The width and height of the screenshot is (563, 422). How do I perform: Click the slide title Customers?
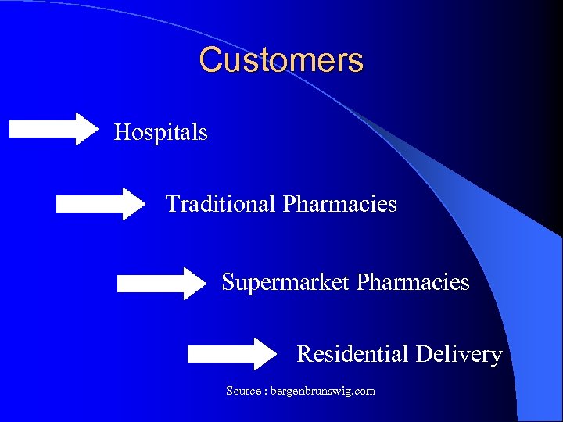281,60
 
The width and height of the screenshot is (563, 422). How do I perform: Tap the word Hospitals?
161,132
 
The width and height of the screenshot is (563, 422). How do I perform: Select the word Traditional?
221,204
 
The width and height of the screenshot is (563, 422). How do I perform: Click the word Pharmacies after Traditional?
340,204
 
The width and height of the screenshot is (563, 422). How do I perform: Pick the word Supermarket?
286,282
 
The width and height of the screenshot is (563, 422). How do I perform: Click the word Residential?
353,354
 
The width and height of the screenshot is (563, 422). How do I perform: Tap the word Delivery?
459,354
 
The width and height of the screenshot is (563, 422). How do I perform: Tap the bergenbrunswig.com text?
322,390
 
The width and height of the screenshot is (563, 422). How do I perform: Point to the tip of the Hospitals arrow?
99,128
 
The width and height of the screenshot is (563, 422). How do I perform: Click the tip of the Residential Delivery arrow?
276,354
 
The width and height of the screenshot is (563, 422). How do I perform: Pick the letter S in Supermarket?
228,282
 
